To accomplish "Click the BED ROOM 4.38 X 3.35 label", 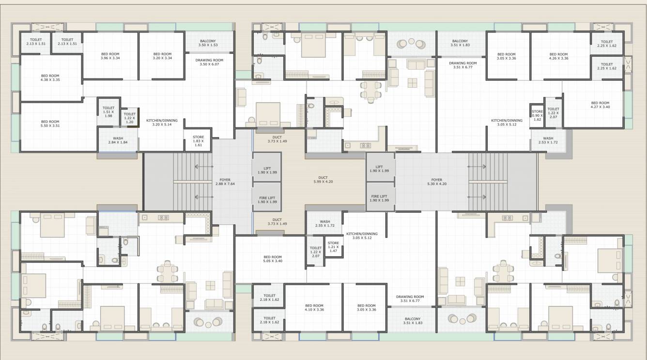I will click(x=50, y=78).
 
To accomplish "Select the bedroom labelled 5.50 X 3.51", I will click(x=50, y=124).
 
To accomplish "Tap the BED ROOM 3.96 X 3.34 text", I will click(x=110, y=56).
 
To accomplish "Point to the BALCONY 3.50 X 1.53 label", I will click(x=208, y=43).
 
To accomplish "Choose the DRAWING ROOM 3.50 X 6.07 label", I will click(x=209, y=62).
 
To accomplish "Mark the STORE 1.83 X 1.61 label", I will click(x=198, y=141).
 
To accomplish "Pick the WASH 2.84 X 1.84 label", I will click(x=118, y=140).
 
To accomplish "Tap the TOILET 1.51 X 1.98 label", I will click(x=108, y=112).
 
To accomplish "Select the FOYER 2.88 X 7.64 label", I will click(x=225, y=182).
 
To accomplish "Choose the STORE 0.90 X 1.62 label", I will click(x=537, y=115).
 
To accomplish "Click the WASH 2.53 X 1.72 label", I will click(x=548, y=140).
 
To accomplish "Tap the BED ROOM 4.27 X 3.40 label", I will click(x=600, y=105).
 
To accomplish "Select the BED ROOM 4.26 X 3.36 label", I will click(x=558, y=56).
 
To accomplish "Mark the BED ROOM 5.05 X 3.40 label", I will click(x=273, y=259).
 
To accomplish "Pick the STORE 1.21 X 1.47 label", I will click(x=333, y=247).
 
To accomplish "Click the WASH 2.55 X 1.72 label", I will click(x=324, y=224).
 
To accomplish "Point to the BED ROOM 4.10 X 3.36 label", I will click(x=314, y=308).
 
